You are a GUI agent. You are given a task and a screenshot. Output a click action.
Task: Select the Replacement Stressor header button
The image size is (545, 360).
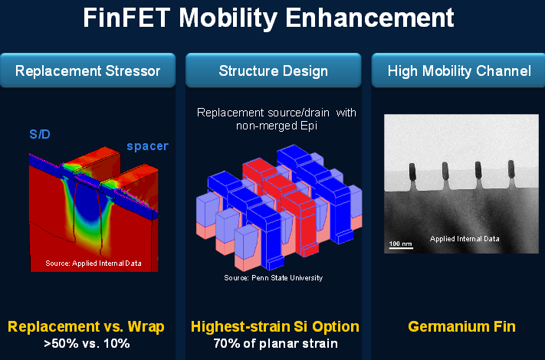coord(88,71)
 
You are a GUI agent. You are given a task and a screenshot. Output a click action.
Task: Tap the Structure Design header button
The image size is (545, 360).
coord(273,71)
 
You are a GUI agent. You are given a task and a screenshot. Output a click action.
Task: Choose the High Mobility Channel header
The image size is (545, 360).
coord(459,71)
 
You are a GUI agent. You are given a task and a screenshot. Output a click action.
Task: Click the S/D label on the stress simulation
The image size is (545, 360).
coord(41,135)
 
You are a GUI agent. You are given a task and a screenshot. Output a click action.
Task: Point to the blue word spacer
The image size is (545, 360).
coord(147,146)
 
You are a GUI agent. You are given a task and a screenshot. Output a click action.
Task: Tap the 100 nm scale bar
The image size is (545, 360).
coord(399,244)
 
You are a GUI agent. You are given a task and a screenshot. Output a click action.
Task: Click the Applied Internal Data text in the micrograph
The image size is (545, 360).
coord(465,239)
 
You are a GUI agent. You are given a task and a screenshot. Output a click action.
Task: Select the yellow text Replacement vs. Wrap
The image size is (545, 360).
coord(87,327)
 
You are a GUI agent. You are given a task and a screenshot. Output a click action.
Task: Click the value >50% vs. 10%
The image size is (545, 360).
coord(87,343)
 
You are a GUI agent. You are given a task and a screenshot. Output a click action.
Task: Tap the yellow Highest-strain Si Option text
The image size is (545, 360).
coord(274,327)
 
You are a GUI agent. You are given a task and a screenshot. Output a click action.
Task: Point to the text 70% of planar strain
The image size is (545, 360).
coord(274,343)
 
